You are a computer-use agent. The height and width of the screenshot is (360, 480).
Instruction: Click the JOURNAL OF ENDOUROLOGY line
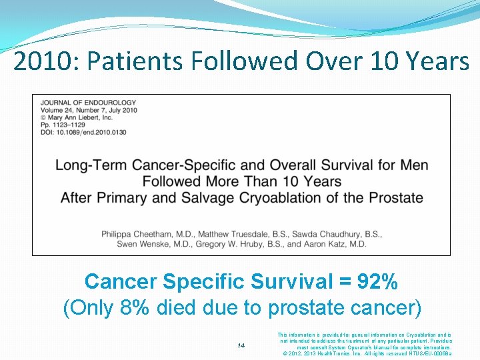[88, 103]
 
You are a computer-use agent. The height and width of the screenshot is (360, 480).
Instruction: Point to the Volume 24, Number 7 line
[89, 110]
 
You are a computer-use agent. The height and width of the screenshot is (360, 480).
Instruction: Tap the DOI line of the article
[83, 132]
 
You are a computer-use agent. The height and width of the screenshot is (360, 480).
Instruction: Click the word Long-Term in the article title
[91, 165]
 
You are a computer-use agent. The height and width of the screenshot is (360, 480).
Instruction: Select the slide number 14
[241, 345]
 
